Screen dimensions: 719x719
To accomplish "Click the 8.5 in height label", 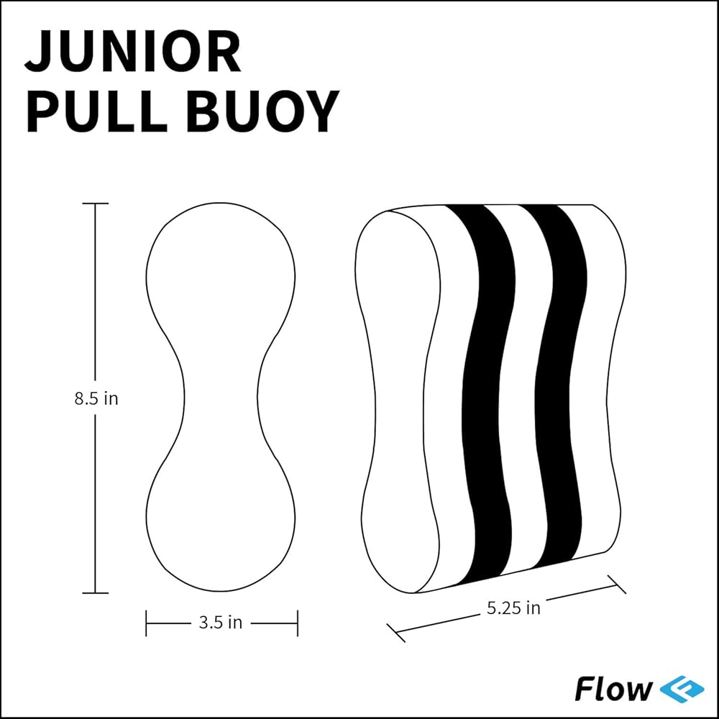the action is pyautogui.click(x=96, y=398).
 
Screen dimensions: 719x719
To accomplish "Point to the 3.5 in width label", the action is pyautogui.click(x=221, y=623).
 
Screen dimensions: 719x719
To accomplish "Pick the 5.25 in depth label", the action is pyautogui.click(x=513, y=608).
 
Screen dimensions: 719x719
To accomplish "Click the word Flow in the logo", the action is pyautogui.click(x=613, y=688).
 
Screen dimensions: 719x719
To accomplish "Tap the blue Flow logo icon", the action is pyautogui.click(x=678, y=688).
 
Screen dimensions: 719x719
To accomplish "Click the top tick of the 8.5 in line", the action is pyautogui.click(x=96, y=203).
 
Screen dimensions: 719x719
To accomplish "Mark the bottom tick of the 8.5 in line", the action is pyautogui.click(x=96, y=593).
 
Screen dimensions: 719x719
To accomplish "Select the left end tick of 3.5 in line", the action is pyautogui.click(x=147, y=623).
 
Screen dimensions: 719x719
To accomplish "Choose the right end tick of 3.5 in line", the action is pyautogui.click(x=297, y=623).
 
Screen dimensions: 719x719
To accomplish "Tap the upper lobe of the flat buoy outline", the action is pyautogui.click(x=221, y=266).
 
